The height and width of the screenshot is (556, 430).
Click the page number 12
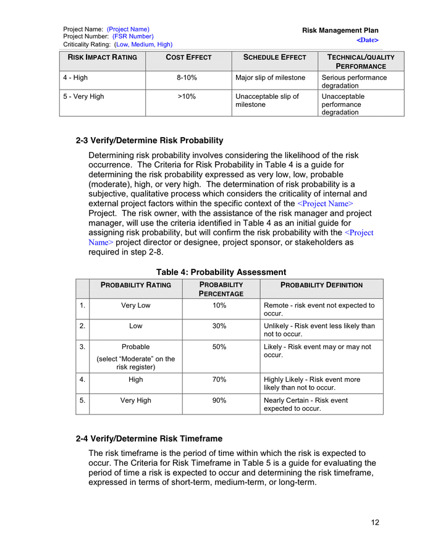tap(375, 523)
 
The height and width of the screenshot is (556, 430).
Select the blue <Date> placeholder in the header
tap(367, 40)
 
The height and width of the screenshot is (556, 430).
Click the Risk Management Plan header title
tap(340, 30)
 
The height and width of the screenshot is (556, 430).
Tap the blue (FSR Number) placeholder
tap(133, 36)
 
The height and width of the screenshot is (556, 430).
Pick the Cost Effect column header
tap(188, 57)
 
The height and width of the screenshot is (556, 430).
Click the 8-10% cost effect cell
tap(187, 78)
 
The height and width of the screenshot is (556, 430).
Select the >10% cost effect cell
tap(187, 96)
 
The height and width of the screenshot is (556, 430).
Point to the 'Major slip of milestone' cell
tap(270, 78)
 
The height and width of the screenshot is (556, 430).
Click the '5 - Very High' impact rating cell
tap(83, 96)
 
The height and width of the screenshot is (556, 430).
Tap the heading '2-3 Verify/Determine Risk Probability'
tap(149, 140)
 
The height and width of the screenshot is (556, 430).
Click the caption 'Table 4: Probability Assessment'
tap(221, 272)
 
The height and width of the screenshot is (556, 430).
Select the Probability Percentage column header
tap(221, 289)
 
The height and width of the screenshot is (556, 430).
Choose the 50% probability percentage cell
tap(219, 347)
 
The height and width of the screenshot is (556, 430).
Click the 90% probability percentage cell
tap(219, 400)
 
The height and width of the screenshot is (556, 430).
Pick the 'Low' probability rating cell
tap(135, 326)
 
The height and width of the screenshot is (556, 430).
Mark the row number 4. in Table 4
tap(82, 379)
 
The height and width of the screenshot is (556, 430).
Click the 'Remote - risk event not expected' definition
tap(319, 310)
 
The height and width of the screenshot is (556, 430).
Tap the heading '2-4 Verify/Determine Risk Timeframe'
tap(148, 439)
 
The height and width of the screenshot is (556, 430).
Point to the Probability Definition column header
tap(321, 285)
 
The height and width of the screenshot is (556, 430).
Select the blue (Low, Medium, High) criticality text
tap(143, 44)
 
